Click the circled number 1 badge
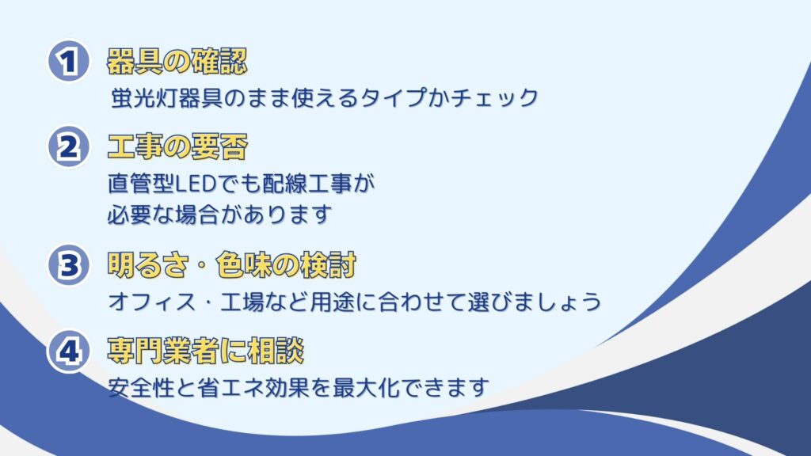[x=69, y=62]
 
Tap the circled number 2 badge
[x=69, y=146]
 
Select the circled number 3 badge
[x=69, y=265]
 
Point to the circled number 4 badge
[x=69, y=351]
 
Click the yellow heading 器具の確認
[x=177, y=62]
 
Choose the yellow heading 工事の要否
[x=177, y=146]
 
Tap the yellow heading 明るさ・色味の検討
[x=232, y=265]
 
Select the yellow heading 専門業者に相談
[x=205, y=351]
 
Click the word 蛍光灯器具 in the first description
[x=167, y=97]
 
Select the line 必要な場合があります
[x=219, y=215]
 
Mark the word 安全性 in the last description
[x=141, y=387]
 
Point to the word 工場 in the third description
[x=242, y=302]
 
